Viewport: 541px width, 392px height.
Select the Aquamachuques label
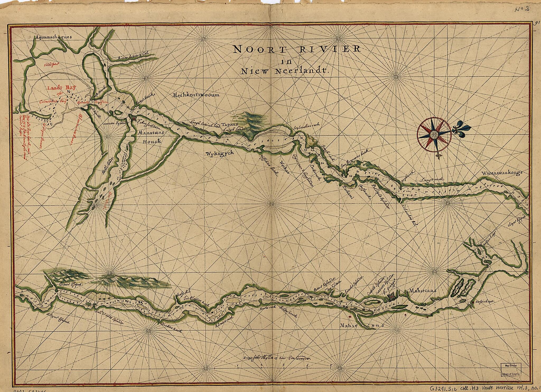53,37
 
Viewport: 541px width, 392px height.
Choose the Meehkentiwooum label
196,95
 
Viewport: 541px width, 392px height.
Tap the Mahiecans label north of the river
422,291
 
